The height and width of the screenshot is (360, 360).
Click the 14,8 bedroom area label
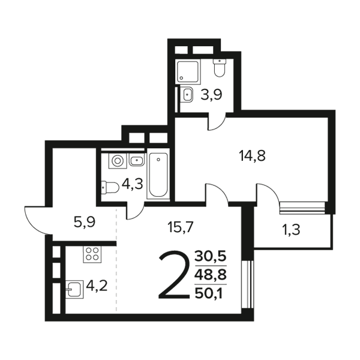point(252,155)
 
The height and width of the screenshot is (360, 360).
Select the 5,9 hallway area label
point(85,222)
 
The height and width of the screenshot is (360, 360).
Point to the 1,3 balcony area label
point(291,230)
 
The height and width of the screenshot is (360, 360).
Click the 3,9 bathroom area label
point(211,95)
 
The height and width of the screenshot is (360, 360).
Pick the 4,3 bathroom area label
point(133,184)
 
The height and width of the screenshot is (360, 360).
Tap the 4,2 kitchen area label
point(97,286)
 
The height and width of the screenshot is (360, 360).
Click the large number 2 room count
point(175,275)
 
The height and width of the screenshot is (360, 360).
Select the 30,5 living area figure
point(211,256)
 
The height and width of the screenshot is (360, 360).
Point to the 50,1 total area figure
point(209,293)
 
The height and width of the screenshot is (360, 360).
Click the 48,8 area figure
point(211,274)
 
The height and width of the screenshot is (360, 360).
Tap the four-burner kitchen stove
point(92,254)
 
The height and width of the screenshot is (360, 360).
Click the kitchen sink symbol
point(74,289)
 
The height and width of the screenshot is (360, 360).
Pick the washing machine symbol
point(118,160)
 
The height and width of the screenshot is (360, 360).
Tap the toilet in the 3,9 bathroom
point(220,67)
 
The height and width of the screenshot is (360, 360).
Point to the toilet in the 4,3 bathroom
point(110,188)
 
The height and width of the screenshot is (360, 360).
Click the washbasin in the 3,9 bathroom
point(187,94)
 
